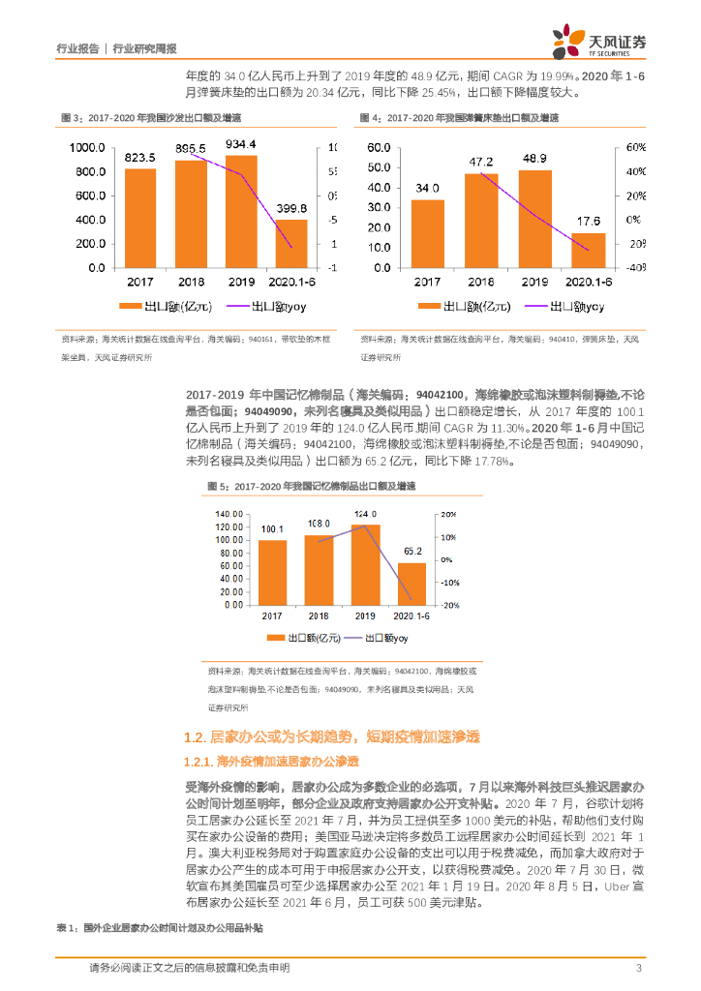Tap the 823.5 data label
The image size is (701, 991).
[140, 157]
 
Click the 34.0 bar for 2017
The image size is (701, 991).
[428, 233]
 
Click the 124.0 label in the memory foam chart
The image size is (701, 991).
[365, 514]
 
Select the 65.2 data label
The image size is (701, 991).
[411, 551]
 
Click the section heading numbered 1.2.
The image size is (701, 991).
[329, 737]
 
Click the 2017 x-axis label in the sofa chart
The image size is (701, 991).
[140, 281]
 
